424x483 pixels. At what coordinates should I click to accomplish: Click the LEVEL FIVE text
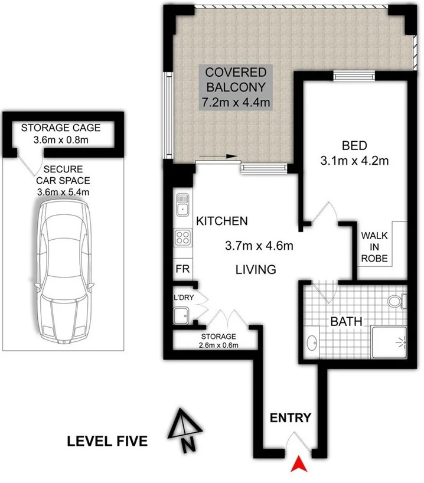click(107, 441)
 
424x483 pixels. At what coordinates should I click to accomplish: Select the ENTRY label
click(290, 418)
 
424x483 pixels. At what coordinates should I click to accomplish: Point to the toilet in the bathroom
click(399, 301)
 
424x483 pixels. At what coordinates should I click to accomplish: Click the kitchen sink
click(182, 204)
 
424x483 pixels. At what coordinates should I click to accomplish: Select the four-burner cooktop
click(182, 239)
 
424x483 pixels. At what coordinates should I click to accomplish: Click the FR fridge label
click(182, 269)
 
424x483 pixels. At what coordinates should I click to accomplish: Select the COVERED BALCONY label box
click(236, 87)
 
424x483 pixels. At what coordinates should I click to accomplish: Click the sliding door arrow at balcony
click(218, 156)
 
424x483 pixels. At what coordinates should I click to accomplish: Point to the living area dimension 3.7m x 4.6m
click(260, 245)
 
